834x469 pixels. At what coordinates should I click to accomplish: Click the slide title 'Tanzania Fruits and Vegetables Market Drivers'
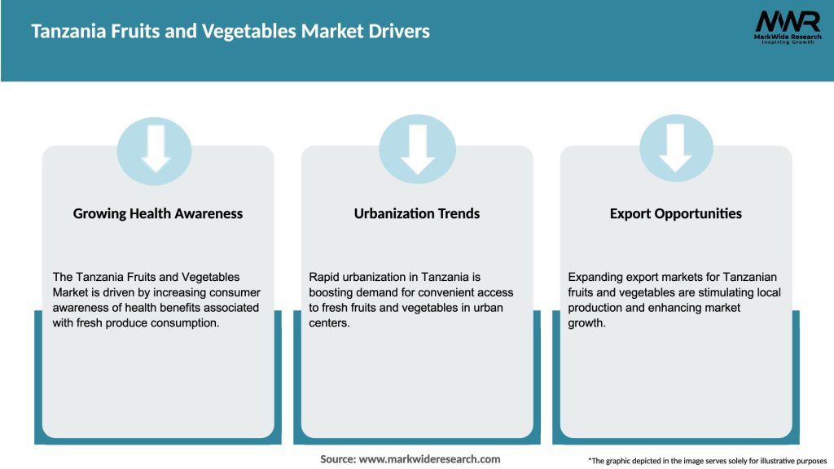coord(230,31)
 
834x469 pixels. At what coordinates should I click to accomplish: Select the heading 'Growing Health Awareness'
coord(158,213)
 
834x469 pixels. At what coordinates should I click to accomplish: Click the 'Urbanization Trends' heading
coord(417,213)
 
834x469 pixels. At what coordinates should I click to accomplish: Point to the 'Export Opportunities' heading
coord(676,213)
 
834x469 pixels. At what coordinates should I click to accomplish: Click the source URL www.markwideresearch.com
coord(429,459)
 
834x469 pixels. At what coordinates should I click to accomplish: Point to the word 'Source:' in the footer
coord(338,459)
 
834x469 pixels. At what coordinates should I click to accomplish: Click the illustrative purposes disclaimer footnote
coord(707,461)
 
